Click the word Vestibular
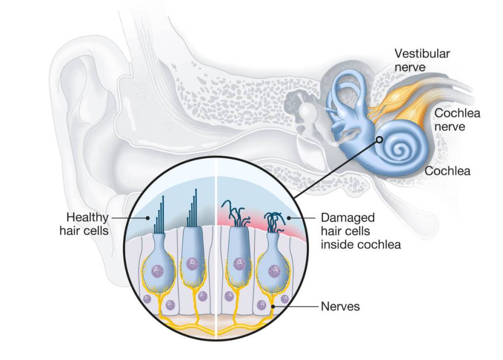coord(422,54)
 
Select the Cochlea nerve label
coord(457,120)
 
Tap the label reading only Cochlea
coord(447,171)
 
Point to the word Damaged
coord(347,217)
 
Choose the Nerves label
coord(340,306)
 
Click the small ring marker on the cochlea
coord(380,139)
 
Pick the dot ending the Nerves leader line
coord(273,306)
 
